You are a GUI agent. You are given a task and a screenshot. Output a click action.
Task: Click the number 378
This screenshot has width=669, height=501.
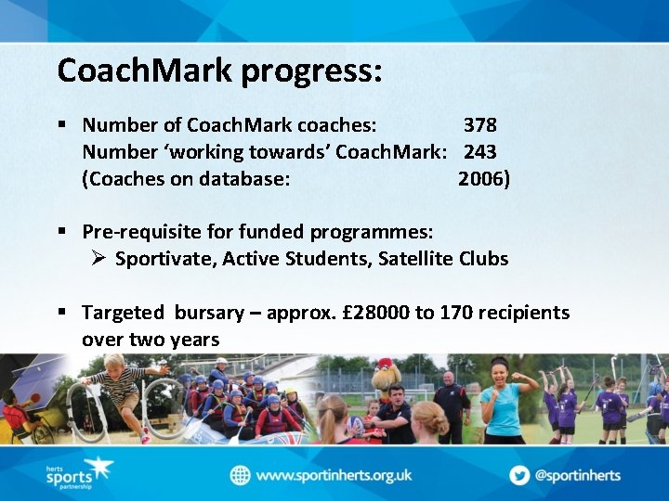point(479,124)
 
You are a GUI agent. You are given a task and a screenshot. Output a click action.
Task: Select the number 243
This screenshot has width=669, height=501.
point(479,151)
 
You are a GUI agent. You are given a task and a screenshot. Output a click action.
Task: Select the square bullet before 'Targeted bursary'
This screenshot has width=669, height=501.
point(61,313)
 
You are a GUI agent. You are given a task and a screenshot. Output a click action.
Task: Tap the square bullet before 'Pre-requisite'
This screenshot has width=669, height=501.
point(61,231)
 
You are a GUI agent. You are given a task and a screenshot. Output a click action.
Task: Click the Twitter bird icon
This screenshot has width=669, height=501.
point(519,475)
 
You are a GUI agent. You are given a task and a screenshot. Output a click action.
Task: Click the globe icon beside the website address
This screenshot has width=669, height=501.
point(241,475)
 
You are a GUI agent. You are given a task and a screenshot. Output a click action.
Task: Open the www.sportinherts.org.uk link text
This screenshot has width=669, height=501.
point(333,475)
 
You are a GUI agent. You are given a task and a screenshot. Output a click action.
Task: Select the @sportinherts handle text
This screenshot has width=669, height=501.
point(579,475)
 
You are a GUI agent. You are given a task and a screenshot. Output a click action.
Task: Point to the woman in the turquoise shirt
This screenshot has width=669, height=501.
point(501,399)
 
